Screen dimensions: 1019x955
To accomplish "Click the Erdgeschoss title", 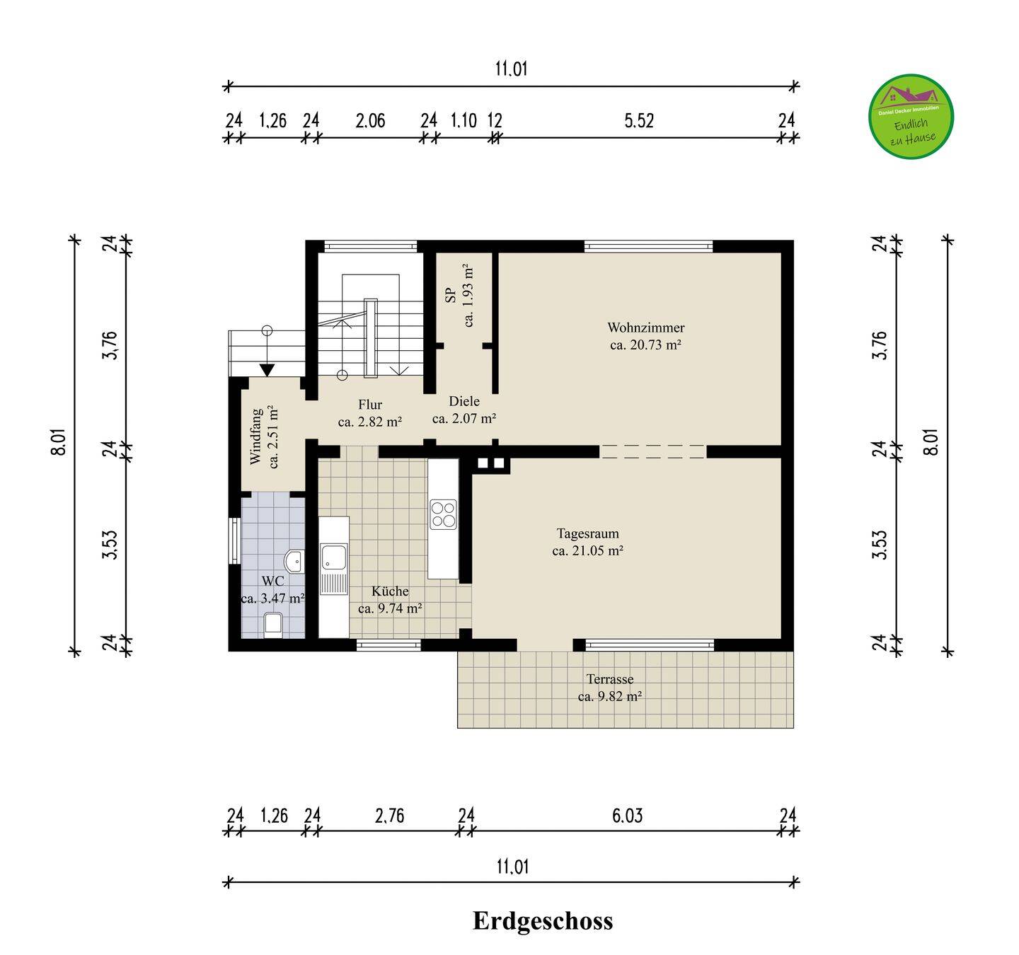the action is click(x=542, y=920).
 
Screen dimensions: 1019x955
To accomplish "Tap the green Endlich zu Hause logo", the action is click(x=911, y=117).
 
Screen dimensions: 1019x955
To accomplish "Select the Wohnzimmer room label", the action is click(x=646, y=328).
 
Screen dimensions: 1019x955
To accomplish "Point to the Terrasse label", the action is click(x=610, y=679).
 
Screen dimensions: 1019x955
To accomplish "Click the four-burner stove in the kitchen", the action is click(x=443, y=515).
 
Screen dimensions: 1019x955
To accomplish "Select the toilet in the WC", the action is click(x=273, y=625).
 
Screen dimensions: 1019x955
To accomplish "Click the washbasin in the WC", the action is click(x=294, y=562).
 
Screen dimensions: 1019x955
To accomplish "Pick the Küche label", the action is click(x=390, y=591).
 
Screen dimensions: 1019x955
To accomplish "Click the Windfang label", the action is click(x=256, y=436).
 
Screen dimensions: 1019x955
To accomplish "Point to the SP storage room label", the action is click(x=451, y=295).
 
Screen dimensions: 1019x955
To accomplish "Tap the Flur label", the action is click(x=370, y=405).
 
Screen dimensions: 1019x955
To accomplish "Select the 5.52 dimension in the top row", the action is click(x=639, y=121).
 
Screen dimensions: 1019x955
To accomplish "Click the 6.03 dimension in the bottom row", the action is click(x=627, y=816).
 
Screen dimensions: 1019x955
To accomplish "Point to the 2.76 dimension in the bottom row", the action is click(x=389, y=816).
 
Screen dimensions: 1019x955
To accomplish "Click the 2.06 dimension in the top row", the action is click(x=370, y=121).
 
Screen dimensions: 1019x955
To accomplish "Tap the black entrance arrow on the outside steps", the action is click(x=267, y=370).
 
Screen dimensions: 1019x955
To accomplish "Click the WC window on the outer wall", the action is click(x=234, y=541).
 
